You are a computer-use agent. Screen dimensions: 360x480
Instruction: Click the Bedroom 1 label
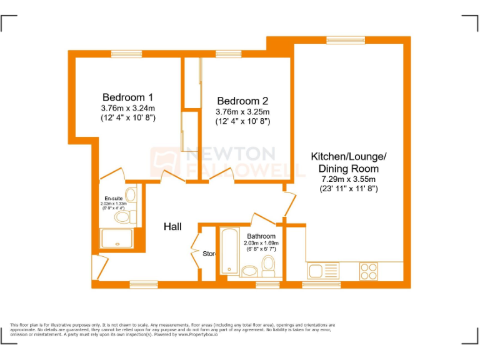(127, 97)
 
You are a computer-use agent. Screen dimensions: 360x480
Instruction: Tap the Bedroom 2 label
(242, 101)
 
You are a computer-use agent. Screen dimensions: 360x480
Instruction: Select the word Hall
(172, 226)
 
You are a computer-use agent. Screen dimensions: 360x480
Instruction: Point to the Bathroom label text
(261, 236)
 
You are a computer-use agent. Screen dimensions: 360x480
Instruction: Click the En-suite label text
(113, 198)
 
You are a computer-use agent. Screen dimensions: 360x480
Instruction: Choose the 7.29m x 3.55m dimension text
(349, 179)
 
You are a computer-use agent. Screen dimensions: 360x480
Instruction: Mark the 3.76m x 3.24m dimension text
(127, 107)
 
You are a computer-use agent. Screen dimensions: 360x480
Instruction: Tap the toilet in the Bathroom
(269, 266)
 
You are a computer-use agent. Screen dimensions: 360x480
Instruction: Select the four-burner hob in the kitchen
(368, 271)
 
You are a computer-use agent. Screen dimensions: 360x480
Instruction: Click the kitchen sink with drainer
(322, 271)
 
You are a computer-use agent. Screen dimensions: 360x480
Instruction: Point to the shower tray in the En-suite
(116, 238)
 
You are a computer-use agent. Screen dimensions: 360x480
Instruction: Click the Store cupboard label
(209, 254)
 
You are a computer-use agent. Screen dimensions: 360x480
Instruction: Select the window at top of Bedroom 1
(123, 54)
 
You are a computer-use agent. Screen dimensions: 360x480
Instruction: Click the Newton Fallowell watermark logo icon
(164, 161)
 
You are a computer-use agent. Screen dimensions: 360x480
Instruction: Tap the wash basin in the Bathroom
(249, 271)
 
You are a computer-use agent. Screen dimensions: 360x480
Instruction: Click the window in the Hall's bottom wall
(144, 284)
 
